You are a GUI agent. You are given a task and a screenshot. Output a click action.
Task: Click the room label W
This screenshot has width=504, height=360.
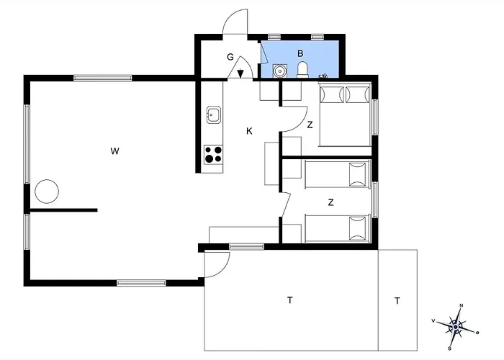click(114, 151)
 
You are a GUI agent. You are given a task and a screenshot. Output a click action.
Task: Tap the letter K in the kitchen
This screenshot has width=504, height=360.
click(249, 131)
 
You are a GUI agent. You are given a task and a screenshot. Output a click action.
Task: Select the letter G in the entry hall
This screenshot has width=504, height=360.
click(230, 57)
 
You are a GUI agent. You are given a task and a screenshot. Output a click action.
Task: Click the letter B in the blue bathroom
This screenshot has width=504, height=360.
click(300, 53)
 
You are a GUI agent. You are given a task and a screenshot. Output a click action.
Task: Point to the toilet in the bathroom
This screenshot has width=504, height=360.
click(302, 70)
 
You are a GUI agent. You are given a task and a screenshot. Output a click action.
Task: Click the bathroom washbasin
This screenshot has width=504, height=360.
click(279, 71)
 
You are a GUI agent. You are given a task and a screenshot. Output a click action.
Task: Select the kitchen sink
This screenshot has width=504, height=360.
click(214, 114)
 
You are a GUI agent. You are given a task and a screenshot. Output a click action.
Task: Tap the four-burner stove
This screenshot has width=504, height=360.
click(213, 154)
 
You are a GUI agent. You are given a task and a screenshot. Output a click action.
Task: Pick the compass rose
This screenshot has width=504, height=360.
click(456, 327)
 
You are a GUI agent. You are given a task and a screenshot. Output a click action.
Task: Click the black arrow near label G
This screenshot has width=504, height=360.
click(240, 73)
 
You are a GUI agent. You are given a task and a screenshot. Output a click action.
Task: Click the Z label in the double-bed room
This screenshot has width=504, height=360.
click(310, 125)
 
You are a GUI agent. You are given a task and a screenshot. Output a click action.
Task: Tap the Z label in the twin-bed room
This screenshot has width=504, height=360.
click(330, 202)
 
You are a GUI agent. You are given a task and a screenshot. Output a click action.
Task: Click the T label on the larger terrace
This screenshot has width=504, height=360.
click(290, 300)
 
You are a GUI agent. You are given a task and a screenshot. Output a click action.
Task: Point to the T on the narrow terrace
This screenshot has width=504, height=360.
click(397, 301)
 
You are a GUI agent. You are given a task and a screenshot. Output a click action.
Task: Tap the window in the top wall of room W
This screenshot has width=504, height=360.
click(103, 78)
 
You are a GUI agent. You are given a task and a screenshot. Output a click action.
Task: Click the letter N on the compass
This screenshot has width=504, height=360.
click(462, 305)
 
